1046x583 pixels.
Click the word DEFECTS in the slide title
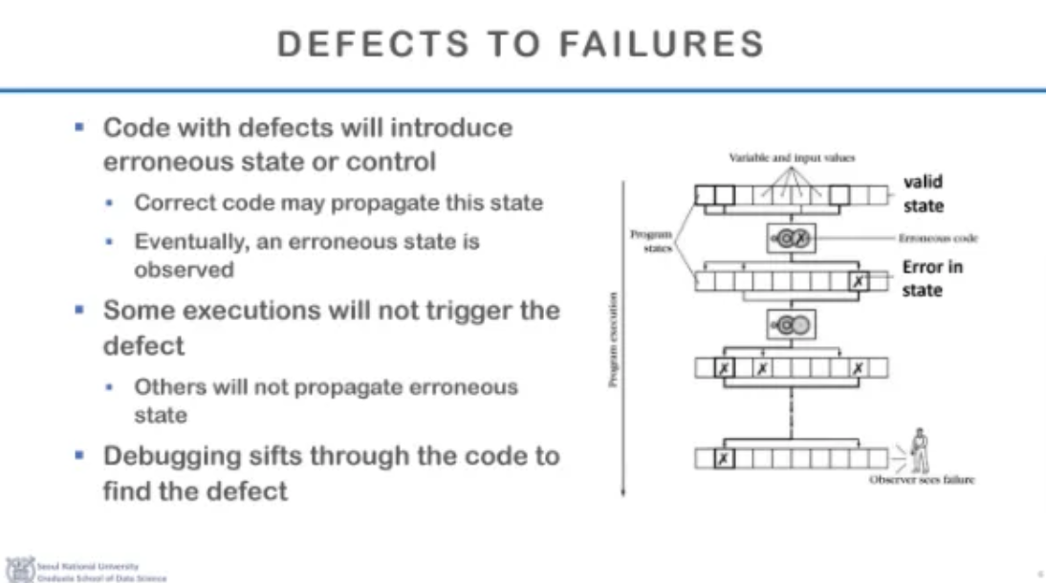pos(358,44)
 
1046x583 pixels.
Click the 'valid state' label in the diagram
pos(923,193)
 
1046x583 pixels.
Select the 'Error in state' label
pos(932,277)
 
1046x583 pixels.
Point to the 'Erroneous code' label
pos(938,237)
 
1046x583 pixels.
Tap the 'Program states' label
pos(652,239)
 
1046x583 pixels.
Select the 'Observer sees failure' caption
pos(921,480)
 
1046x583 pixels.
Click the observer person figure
pos(920,449)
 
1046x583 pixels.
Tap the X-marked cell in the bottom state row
pos(724,459)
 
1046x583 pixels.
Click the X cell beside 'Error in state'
pos(859,282)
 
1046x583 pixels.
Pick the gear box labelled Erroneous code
pos(791,238)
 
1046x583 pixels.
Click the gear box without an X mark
pos(791,325)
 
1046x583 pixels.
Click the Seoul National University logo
pos(19,569)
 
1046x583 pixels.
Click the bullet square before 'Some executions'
pos(80,310)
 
